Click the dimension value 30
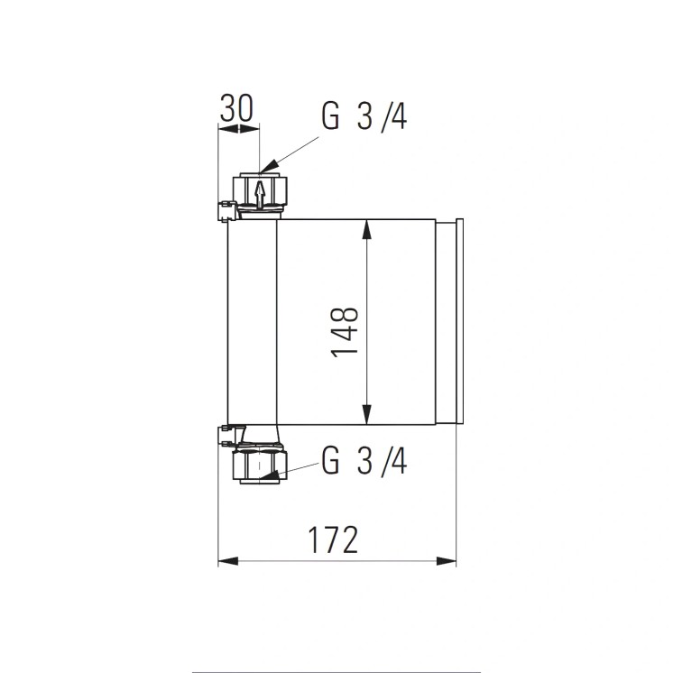tap(237, 108)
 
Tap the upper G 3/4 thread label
tap(364, 117)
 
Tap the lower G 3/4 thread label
tap(364, 462)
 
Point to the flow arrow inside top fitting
tap(259, 192)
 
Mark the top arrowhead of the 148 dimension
tap(367, 227)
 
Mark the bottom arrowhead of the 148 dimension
tap(367, 416)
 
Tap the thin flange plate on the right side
tap(459, 321)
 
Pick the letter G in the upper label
tap(330, 117)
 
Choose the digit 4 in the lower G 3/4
tap(398, 462)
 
